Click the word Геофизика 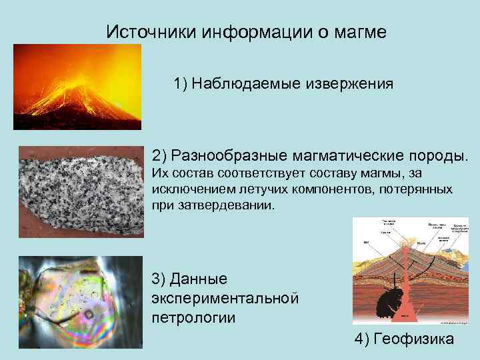414,339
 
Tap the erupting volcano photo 77,87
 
